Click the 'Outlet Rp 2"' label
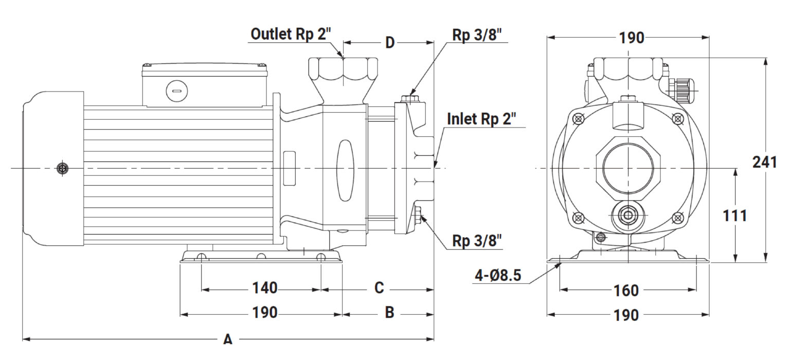pos(291,34)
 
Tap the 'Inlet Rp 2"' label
pos(481,119)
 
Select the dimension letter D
pos(390,43)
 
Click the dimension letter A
pos(228,339)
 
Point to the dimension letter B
pos(389,312)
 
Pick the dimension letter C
pos(379,287)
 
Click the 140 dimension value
pos(264,288)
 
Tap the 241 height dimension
pos(765,162)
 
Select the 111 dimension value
pos(735,216)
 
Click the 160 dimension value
pos(626,291)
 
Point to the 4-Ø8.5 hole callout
pos(498,275)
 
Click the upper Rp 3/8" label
pos(477,34)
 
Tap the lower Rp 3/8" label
pos(477,241)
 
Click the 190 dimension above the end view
pos(632,38)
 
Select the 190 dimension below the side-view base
pos(264,313)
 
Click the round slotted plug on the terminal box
pos(177,91)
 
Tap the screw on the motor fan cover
pos(62,169)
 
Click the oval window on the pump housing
pos(345,171)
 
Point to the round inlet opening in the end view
pos(628,169)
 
